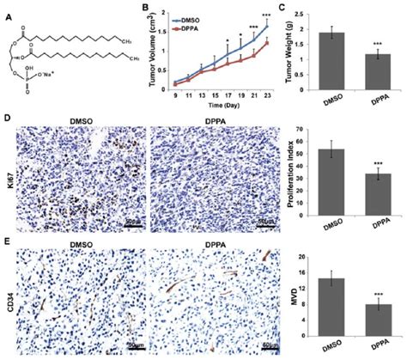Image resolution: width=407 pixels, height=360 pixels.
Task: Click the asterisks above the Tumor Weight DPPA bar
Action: [x=375, y=45]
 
